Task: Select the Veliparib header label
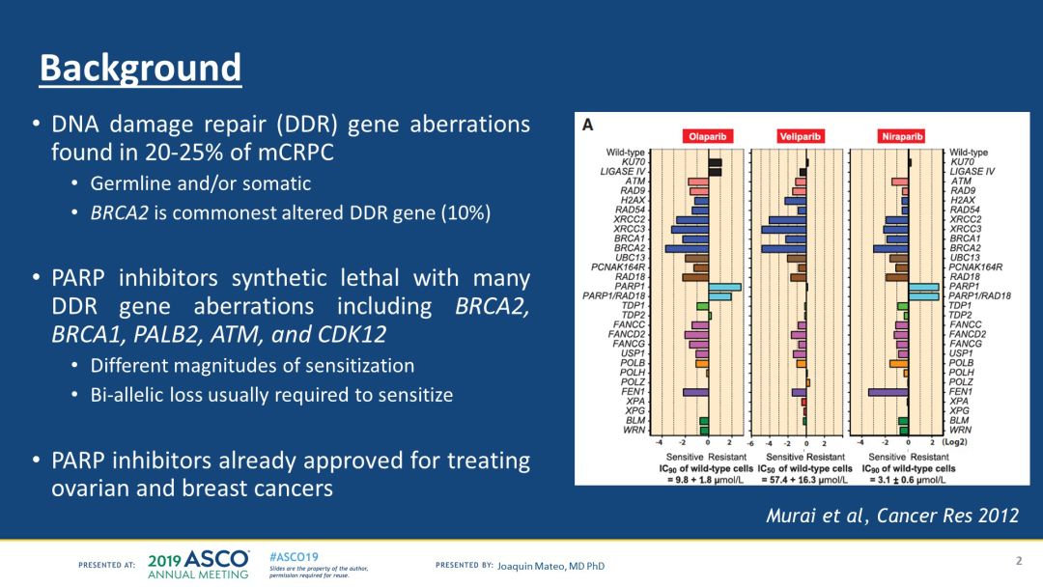[801, 137]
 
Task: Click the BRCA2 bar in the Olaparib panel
[687, 248]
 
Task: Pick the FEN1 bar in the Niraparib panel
[888, 392]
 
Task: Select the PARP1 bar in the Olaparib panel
[724, 287]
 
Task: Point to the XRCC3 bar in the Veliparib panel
[787, 229]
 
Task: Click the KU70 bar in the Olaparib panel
[715, 162]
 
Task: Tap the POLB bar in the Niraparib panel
[899, 363]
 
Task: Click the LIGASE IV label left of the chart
[623, 172]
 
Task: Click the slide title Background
[140, 68]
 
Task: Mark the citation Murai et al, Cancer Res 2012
[891, 516]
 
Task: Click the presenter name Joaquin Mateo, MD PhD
[551, 566]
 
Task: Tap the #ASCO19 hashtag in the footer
[294, 557]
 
